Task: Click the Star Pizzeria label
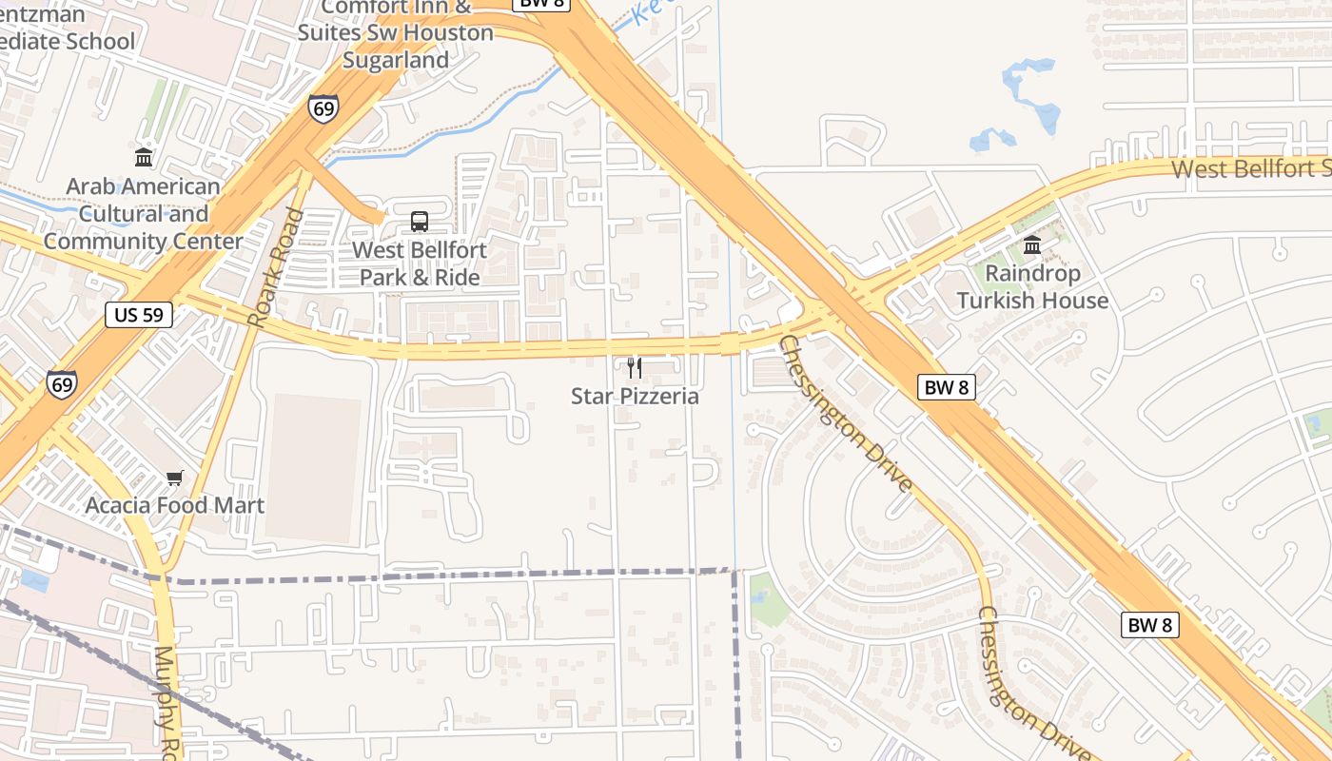pyautogui.click(x=635, y=397)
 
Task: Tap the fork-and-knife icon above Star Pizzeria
pyautogui.click(x=635, y=368)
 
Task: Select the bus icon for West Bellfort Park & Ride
pyautogui.click(x=420, y=222)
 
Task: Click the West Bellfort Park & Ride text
pyautogui.click(x=420, y=263)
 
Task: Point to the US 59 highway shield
pyautogui.click(x=140, y=315)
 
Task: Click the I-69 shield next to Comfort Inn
pyautogui.click(x=323, y=108)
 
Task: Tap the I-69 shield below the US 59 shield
pyautogui.click(x=62, y=384)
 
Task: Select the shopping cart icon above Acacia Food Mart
pyautogui.click(x=174, y=478)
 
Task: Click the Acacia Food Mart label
pyautogui.click(x=175, y=505)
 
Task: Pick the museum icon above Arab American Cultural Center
pyautogui.click(x=144, y=157)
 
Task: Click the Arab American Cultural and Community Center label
pyautogui.click(x=144, y=214)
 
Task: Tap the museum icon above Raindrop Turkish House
pyautogui.click(x=1032, y=246)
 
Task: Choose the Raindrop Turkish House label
pyautogui.click(x=1032, y=287)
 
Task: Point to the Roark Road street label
pyautogui.click(x=275, y=268)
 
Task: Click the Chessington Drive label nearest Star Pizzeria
pyautogui.click(x=846, y=414)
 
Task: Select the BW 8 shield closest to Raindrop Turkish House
pyautogui.click(x=947, y=387)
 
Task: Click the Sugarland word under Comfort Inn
pyautogui.click(x=396, y=60)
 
